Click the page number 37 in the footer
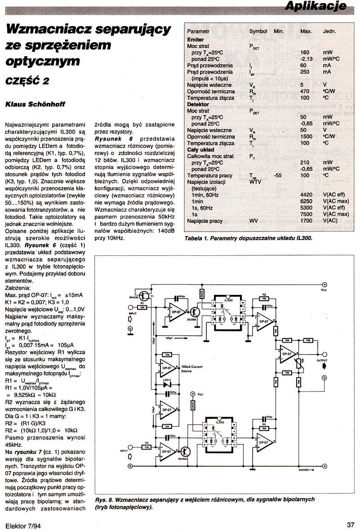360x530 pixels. (x=351, y=524)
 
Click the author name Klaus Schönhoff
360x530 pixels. (x=35, y=104)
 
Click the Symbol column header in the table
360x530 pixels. (x=258, y=31)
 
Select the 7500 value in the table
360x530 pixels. (x=306, y=214)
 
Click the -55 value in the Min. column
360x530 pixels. (x=278, y=175)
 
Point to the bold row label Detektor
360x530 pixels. (x=198, y=104)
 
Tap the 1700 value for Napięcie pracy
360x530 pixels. (x=306, y=221)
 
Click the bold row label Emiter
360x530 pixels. (x=196, y=40)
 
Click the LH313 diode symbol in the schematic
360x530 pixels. (x=169, y=384)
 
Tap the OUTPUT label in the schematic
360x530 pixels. (x=322, y=361)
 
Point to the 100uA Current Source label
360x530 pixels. (x=192, y=369)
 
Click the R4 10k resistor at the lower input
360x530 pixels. (x=147, y=448)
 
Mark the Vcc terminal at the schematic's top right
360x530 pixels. (x=324, y=285)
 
